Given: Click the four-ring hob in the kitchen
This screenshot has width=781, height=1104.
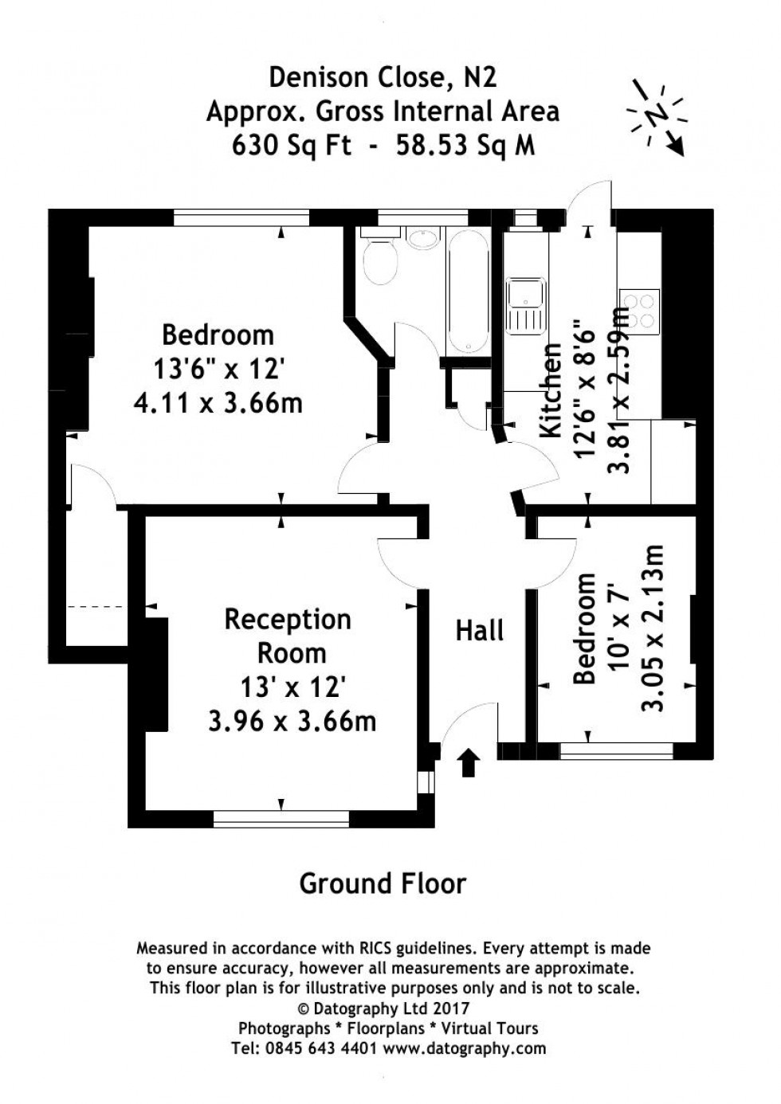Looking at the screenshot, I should (641, 311).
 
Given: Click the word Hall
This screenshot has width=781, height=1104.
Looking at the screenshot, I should (479, 631).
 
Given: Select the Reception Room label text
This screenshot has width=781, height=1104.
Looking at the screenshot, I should (288, 636).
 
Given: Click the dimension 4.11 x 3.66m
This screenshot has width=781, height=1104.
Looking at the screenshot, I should (218, 403).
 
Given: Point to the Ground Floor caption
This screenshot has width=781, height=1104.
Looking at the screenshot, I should (383, 883).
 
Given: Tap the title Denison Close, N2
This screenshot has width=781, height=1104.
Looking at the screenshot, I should (383, 76).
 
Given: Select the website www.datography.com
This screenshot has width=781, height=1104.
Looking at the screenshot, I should (465, 1048).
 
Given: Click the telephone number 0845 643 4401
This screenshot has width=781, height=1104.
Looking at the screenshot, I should (316, 1048).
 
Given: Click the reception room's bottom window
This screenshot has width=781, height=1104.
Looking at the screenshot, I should (281, 816).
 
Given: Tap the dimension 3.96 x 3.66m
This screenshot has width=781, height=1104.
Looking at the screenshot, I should (292, 722).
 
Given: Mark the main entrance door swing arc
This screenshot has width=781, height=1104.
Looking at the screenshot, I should (462, 721).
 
